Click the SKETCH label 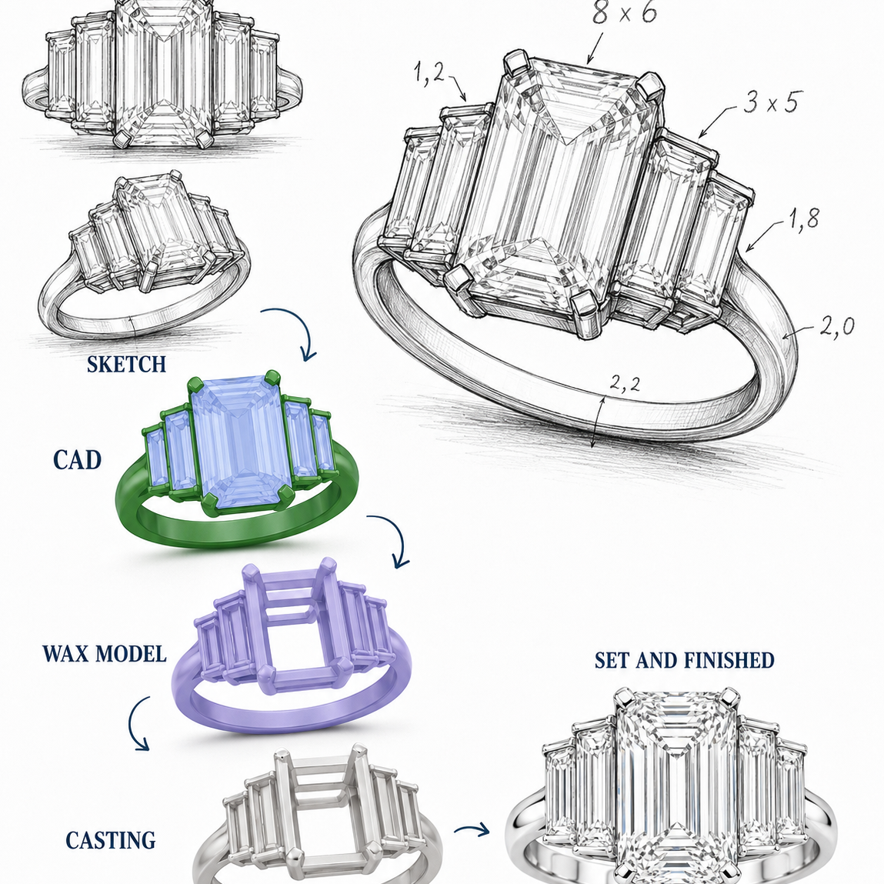126,364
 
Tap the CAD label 77,460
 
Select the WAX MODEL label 105,653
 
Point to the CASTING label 111,840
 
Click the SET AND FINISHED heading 685,660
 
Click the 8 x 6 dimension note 624,12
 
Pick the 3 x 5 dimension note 771,102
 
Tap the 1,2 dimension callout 429,72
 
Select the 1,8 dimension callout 804,218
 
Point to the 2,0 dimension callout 836,326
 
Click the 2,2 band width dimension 625,383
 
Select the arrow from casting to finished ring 472,829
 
